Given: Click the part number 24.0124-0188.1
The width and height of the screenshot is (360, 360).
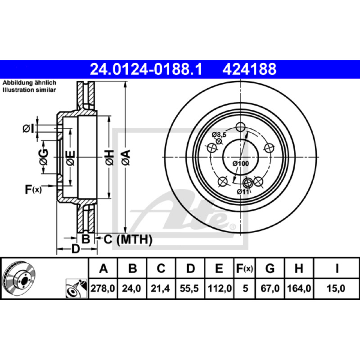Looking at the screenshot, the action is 146,69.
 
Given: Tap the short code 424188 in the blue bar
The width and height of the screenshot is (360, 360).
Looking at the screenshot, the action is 249,69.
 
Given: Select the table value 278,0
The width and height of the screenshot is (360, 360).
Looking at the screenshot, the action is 103,288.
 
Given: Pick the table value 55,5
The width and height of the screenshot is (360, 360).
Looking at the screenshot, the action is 189,288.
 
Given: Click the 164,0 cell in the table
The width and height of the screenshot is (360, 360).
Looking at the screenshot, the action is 299,288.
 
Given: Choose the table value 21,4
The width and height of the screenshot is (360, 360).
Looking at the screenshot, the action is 160,288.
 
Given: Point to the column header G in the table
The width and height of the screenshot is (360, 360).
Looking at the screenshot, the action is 270,268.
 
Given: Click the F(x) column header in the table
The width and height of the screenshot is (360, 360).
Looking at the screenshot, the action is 245,268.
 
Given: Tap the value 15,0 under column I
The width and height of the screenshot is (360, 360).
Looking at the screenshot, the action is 336,288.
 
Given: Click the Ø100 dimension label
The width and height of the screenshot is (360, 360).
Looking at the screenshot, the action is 241,163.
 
